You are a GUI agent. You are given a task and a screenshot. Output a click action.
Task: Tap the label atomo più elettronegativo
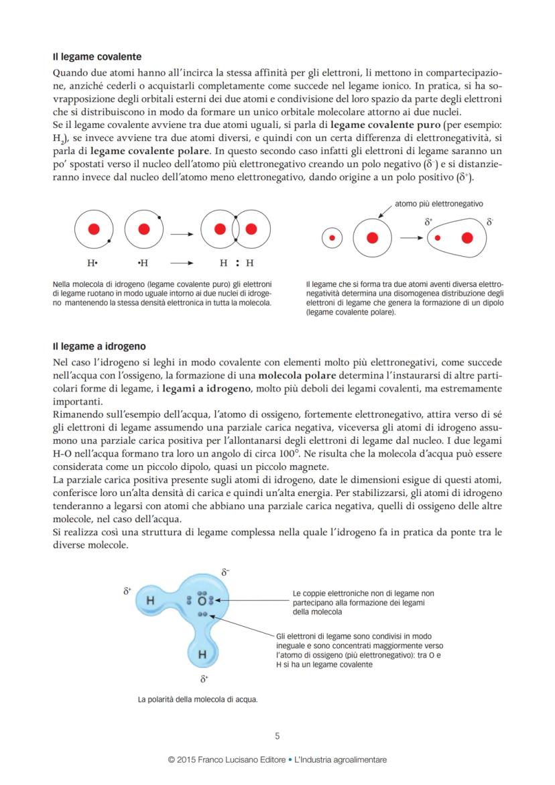click(x=439, y=204)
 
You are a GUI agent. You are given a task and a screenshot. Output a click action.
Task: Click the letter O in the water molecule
click(x=201, y=601)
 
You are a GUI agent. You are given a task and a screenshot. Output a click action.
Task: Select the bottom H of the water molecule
click(x=201, y=653)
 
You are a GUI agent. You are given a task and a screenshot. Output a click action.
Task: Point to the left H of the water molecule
click(x=150, y=601)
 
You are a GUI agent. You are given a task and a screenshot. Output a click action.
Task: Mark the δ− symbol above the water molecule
click(x=226, y=572)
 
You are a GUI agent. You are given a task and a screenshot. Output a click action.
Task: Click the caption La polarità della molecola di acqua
click(x=198, y=699)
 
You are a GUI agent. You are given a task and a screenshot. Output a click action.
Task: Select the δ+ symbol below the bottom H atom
click(x=204, y=679)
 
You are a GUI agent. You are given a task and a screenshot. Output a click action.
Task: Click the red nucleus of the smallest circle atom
click(x=332, y=237)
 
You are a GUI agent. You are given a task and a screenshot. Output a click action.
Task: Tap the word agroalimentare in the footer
click(x=359, y=760)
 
